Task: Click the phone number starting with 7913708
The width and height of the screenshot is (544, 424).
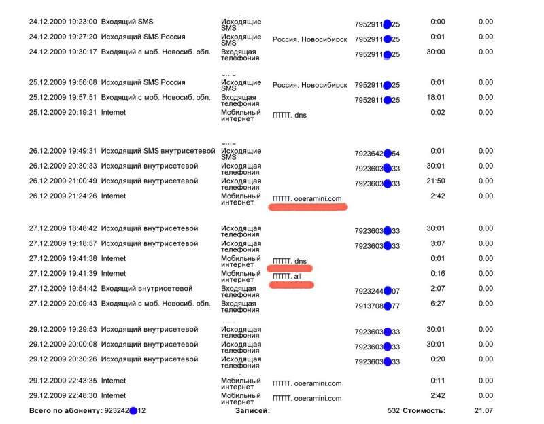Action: click(377, 306)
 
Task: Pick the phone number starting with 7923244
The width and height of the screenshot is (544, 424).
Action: click(377, 291)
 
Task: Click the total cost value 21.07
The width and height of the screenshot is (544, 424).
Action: click(483, 410)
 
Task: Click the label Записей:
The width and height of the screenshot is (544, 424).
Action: click(252, 410)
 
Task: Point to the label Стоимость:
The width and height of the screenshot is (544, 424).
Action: click(424, 410)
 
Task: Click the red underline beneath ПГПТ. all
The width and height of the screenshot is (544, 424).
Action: click(291, 284)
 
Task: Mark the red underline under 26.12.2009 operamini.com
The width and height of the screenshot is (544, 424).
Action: click(309, 207)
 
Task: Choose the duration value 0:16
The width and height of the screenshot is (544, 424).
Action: click(437, 273)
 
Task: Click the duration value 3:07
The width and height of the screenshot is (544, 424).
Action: click(437, 243)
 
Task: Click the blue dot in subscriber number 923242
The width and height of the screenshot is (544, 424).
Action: click(133, 410)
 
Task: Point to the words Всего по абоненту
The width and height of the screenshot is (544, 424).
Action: click(65, 410)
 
